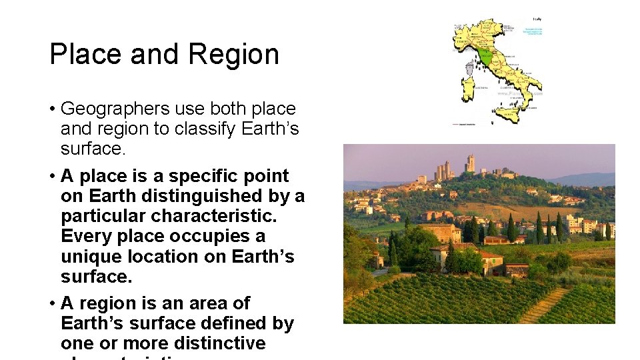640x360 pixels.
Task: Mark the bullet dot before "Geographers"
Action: coord(52,109)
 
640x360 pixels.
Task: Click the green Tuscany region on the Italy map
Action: coord(486,57)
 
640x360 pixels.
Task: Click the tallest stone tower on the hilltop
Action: coord(471,163)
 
